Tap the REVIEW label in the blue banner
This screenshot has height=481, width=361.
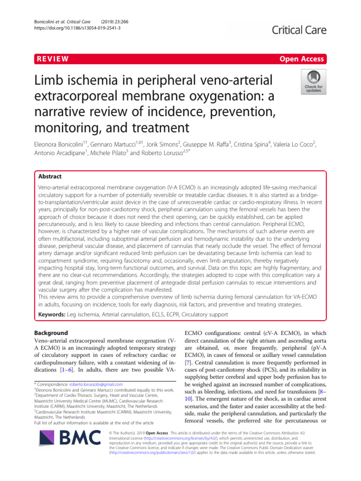[x=52, y=59]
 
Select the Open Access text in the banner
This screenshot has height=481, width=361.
[x=301, y=59]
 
